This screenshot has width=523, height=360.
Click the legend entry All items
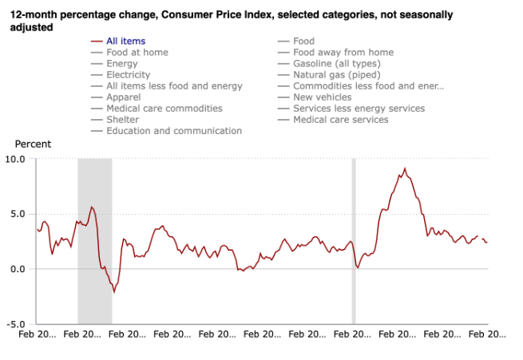click(x=125, y=41)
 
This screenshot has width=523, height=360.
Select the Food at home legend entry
click(x=137, y=52)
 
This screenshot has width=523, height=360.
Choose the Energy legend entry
click(x=121, y=63)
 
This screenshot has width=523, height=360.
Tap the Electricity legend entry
click(x=128, y=74)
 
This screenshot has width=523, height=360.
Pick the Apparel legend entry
click(x=125, y=97)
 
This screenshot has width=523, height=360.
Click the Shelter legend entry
click(x=123, y=119)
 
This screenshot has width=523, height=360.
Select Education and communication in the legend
click(x=173, y=130)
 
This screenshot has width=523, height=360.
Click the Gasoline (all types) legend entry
click(x=342, y=63)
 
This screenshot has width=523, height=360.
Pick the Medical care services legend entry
click(x=340, y=119)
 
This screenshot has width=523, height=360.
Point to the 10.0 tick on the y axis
click(x=16, y=159)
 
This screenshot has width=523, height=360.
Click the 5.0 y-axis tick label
click(x=18, y=214)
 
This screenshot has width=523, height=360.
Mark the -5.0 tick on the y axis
click(x=17, y=324)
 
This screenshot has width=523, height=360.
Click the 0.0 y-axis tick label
click(x=18, y=269)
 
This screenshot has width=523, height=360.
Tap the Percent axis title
click(x=33, y=144)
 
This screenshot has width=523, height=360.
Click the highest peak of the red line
click(x=405, y=168)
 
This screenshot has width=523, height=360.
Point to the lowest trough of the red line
click(x=114, y=292)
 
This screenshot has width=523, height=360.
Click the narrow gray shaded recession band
click(x=355, y=239)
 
